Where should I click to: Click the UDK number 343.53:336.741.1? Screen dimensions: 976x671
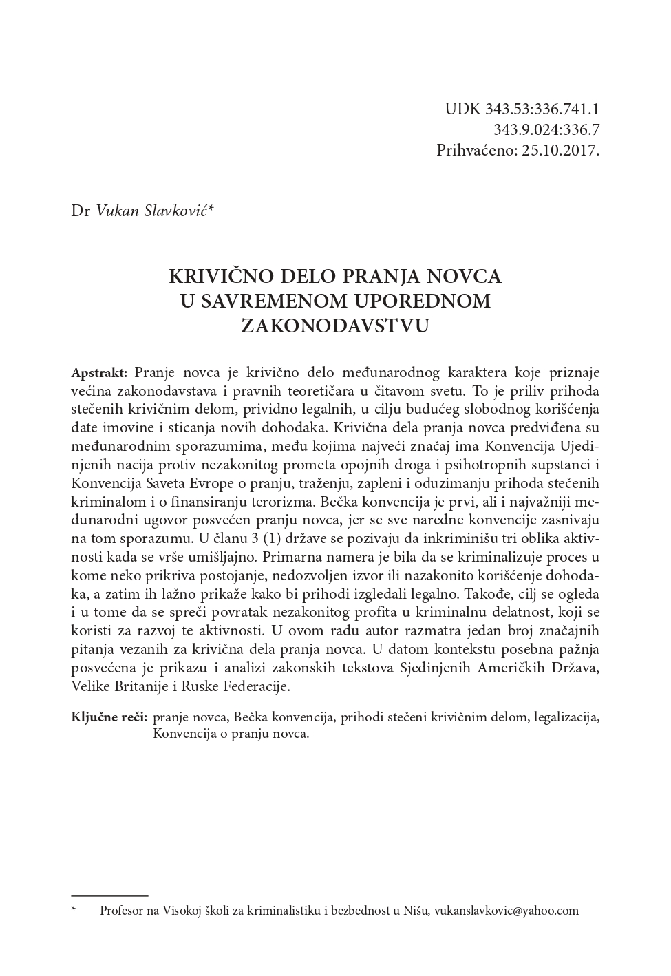pyautogui.click(x=542, y=109)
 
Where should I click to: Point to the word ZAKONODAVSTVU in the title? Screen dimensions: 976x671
pyautogui.click(x=335, y=326)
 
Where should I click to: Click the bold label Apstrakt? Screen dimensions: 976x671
pyautogui.click(x=99, y=373)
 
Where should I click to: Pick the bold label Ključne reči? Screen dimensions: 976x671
pyautogui.click(x=109, y=717)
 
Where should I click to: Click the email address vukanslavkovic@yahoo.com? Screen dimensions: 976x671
pyautogui.click(x=507, y=911)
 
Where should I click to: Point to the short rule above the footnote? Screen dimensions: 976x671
pyautogui.click(x=110, y=895)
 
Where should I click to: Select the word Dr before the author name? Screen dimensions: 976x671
pyautogui.click(x=81, y=211)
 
